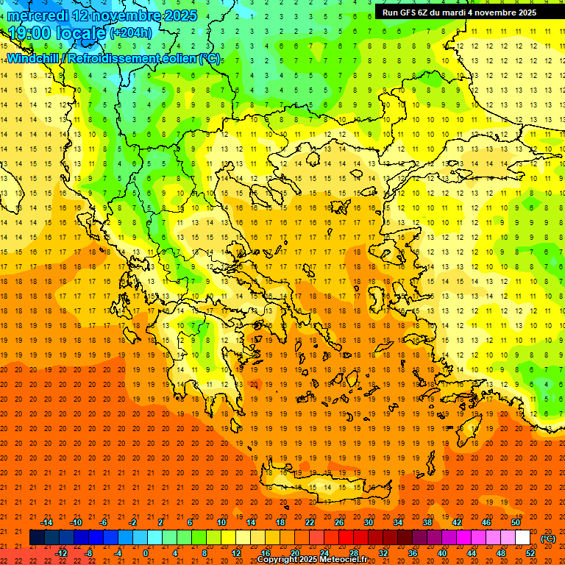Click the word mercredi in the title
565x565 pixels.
point(36,15)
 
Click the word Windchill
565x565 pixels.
point(33,58)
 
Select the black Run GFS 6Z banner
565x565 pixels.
point(459,12)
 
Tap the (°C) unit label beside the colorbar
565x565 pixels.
point(547,539)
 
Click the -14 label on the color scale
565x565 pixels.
point(46,522)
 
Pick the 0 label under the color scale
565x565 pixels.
point(146,552)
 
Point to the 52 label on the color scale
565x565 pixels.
point(530,552)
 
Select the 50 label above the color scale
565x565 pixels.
point(516,522)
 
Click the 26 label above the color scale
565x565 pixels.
point(339,522)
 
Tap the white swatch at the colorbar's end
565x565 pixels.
point(522,538)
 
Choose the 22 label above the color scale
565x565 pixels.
point(310,522)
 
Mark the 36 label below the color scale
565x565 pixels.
point(413,552)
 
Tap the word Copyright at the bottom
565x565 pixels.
point(277,560)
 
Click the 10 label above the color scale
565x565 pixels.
point(221,522)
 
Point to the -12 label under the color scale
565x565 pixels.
point(62,552)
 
